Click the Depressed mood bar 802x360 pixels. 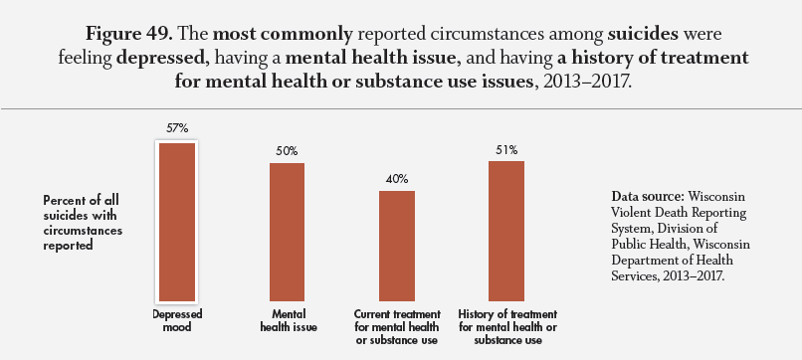[177, 222]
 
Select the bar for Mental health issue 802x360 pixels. [287, 232]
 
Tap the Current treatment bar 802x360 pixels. [397, 246]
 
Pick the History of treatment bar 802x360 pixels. [506, 231]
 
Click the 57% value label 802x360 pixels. [177, 128]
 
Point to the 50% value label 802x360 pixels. [287, 151]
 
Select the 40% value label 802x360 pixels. [397, 179]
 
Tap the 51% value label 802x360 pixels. [506, 150]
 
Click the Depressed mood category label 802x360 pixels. [177, 320]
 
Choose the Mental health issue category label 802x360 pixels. [289, 320]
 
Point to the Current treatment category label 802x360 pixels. [397, 327]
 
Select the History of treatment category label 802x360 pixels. [507, 327]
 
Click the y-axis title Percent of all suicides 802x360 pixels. [83, 223]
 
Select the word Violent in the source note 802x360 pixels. [630, 212]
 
